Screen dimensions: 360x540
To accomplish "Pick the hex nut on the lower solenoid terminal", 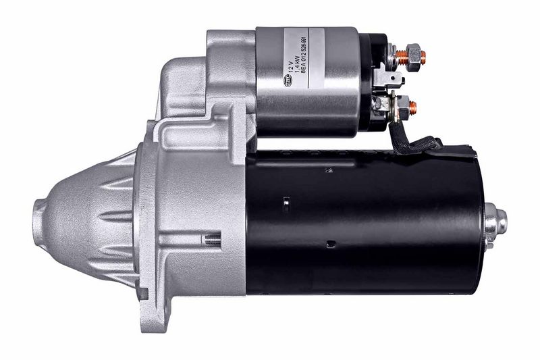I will tap(402, 105).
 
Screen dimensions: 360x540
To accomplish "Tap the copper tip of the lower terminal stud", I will tap(413, 106).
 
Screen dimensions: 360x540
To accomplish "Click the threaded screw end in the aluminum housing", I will tap(213, 237).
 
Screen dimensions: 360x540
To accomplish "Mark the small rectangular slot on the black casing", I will tap(286, 201).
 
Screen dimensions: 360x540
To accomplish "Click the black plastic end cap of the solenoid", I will tap(370, 81).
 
